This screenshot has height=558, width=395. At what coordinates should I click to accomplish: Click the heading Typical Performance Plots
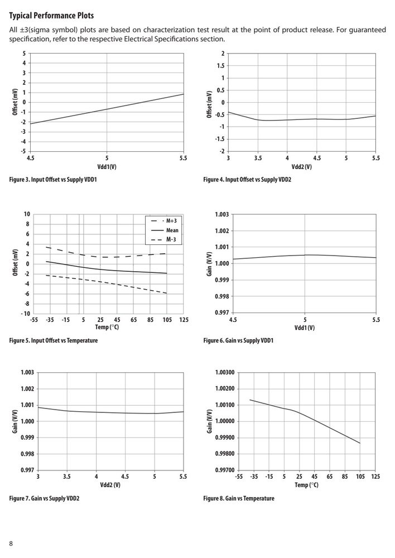click(51, 16)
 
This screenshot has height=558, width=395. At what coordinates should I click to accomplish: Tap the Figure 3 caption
click(53, 179)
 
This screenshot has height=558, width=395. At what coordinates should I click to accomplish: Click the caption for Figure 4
click(247, 179)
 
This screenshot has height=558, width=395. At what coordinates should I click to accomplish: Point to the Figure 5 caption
click(54, 340)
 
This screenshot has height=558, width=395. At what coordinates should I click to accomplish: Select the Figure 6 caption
click(238, 340)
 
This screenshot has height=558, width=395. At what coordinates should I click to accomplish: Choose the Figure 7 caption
click(44, 498)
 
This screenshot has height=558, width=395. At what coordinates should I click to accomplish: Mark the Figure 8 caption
click(239, 498)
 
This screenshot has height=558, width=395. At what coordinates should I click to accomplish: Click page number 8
click(11, 543)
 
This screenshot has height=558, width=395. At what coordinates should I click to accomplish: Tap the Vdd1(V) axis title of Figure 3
click(107, 167)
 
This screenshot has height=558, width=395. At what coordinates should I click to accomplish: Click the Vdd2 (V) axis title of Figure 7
click(110, 485)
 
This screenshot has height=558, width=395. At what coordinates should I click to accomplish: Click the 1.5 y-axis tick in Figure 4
click(220, 66)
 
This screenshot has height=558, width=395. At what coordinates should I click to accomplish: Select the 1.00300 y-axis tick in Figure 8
click(225, 373)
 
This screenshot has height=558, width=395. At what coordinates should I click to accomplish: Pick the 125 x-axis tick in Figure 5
click(184, 320)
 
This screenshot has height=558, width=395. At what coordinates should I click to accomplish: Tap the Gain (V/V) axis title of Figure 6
click(209, 264)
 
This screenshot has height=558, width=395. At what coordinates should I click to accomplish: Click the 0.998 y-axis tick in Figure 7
click(27, 454)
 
